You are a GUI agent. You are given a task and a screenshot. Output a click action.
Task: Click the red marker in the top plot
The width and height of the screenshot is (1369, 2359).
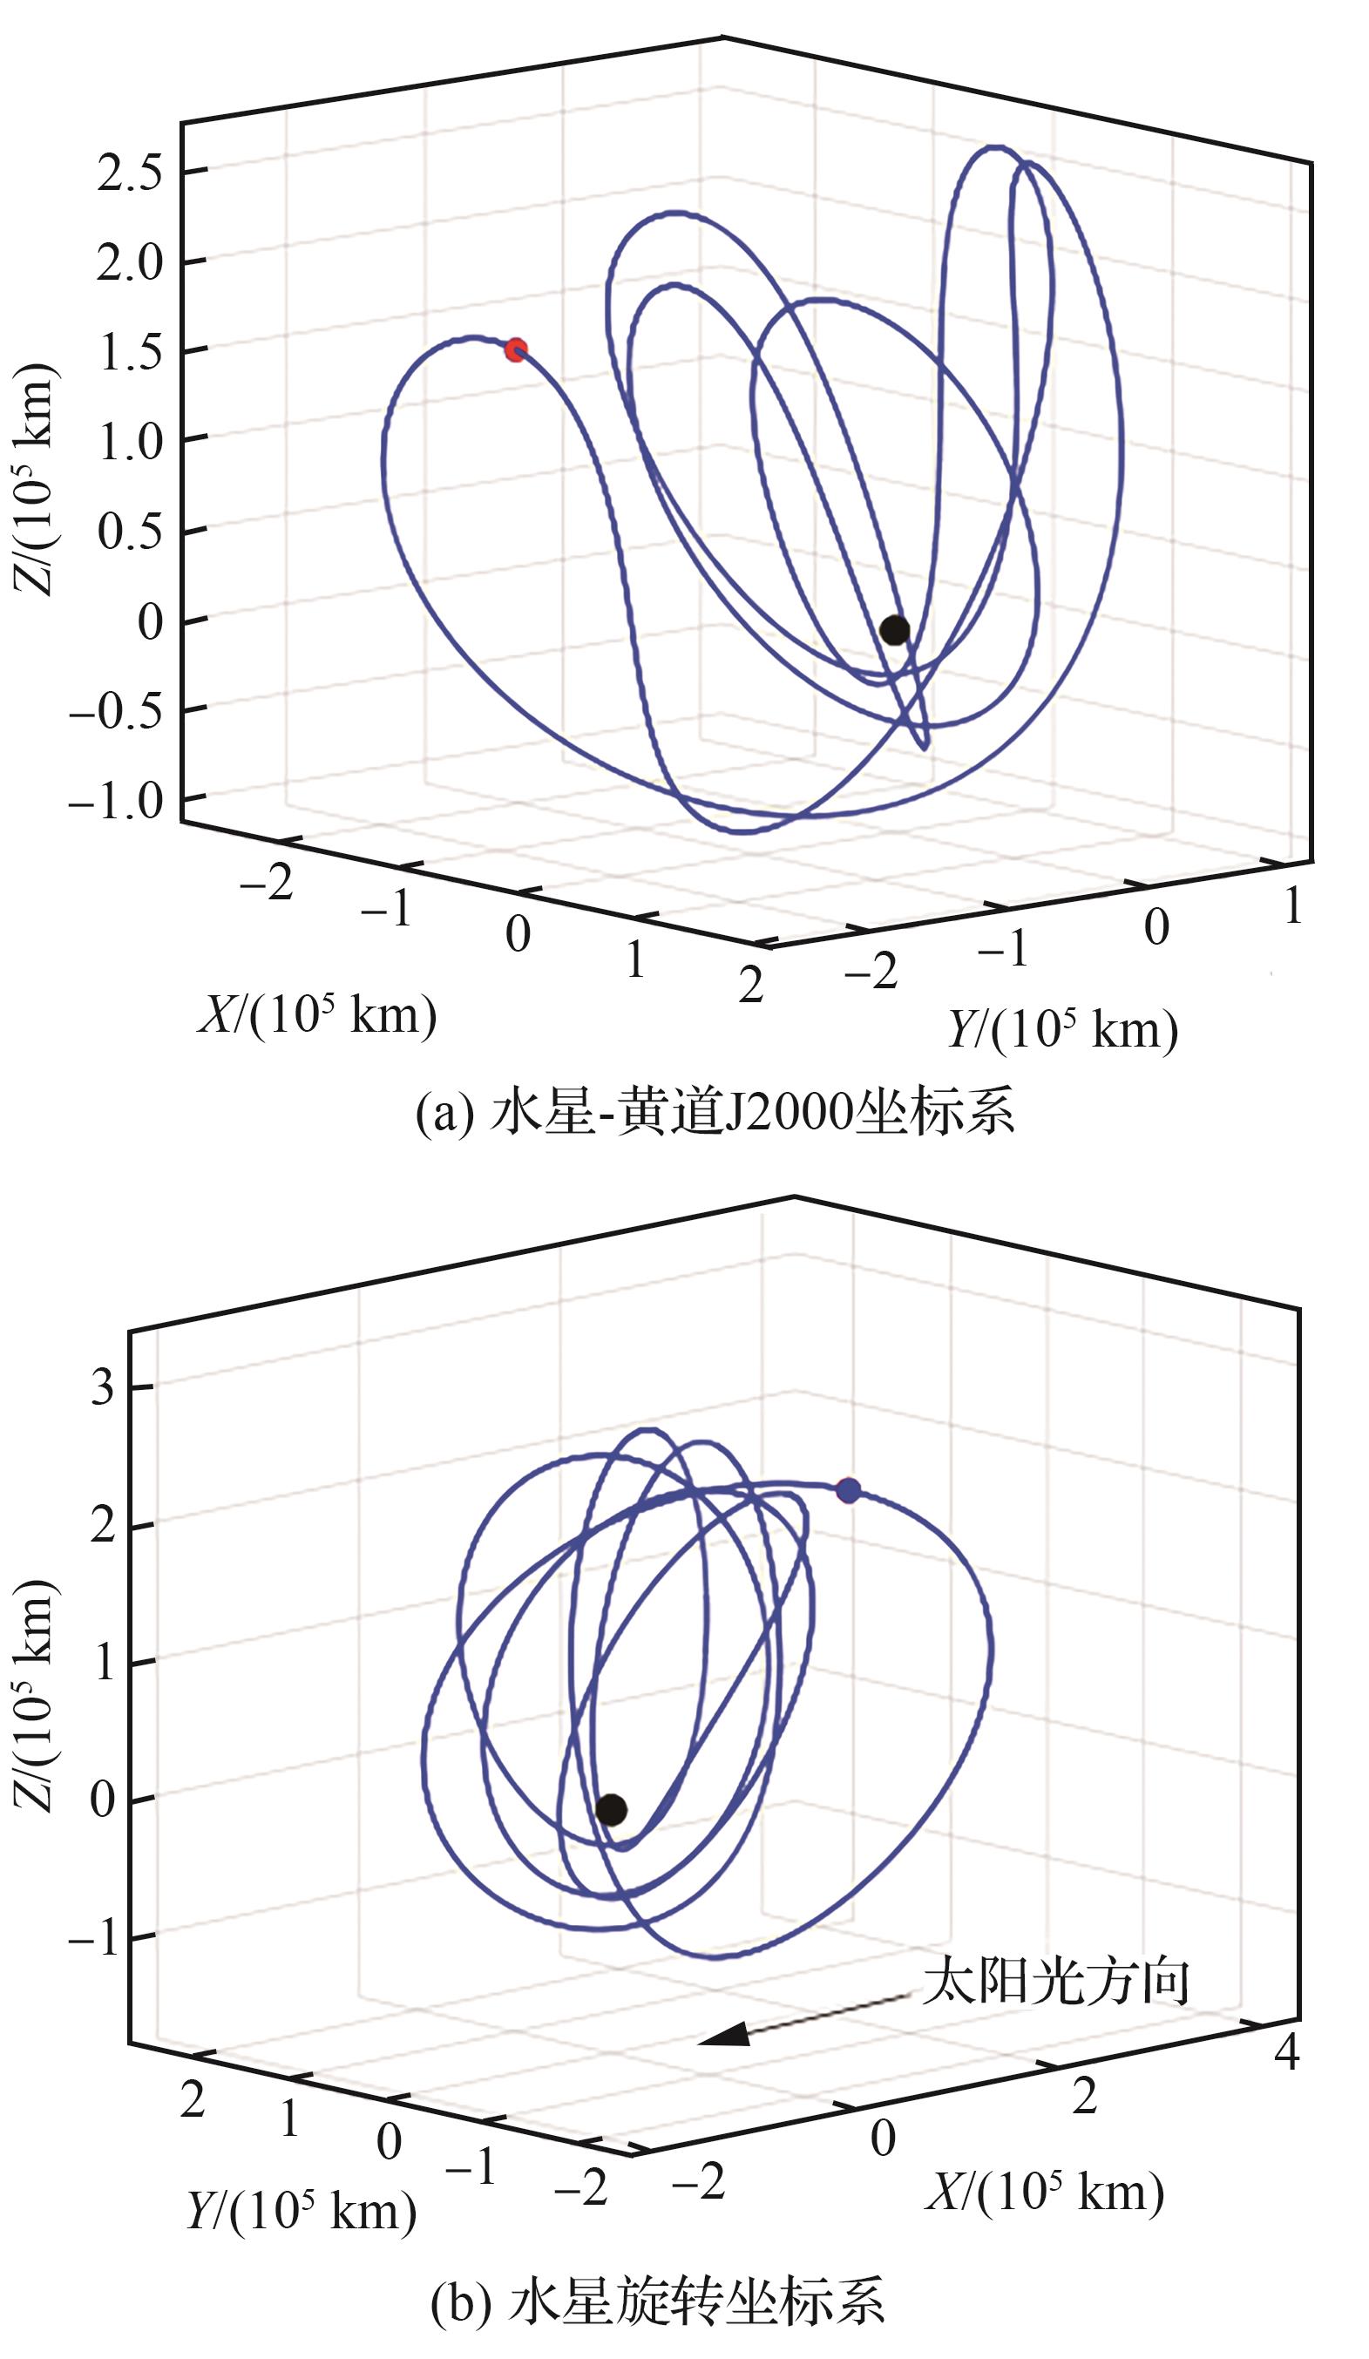pyautogui.click(x=515, y=350)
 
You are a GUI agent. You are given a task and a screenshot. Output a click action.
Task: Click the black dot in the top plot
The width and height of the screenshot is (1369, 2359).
pyautogui.click(x=894, y=630)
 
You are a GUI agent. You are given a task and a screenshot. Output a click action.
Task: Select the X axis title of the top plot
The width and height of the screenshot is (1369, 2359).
pyautogui.click(x=316, y=1013)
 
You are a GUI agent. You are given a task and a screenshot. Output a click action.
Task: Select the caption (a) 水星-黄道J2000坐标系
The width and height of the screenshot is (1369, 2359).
pyautogui.click(x=715, y=1113)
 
